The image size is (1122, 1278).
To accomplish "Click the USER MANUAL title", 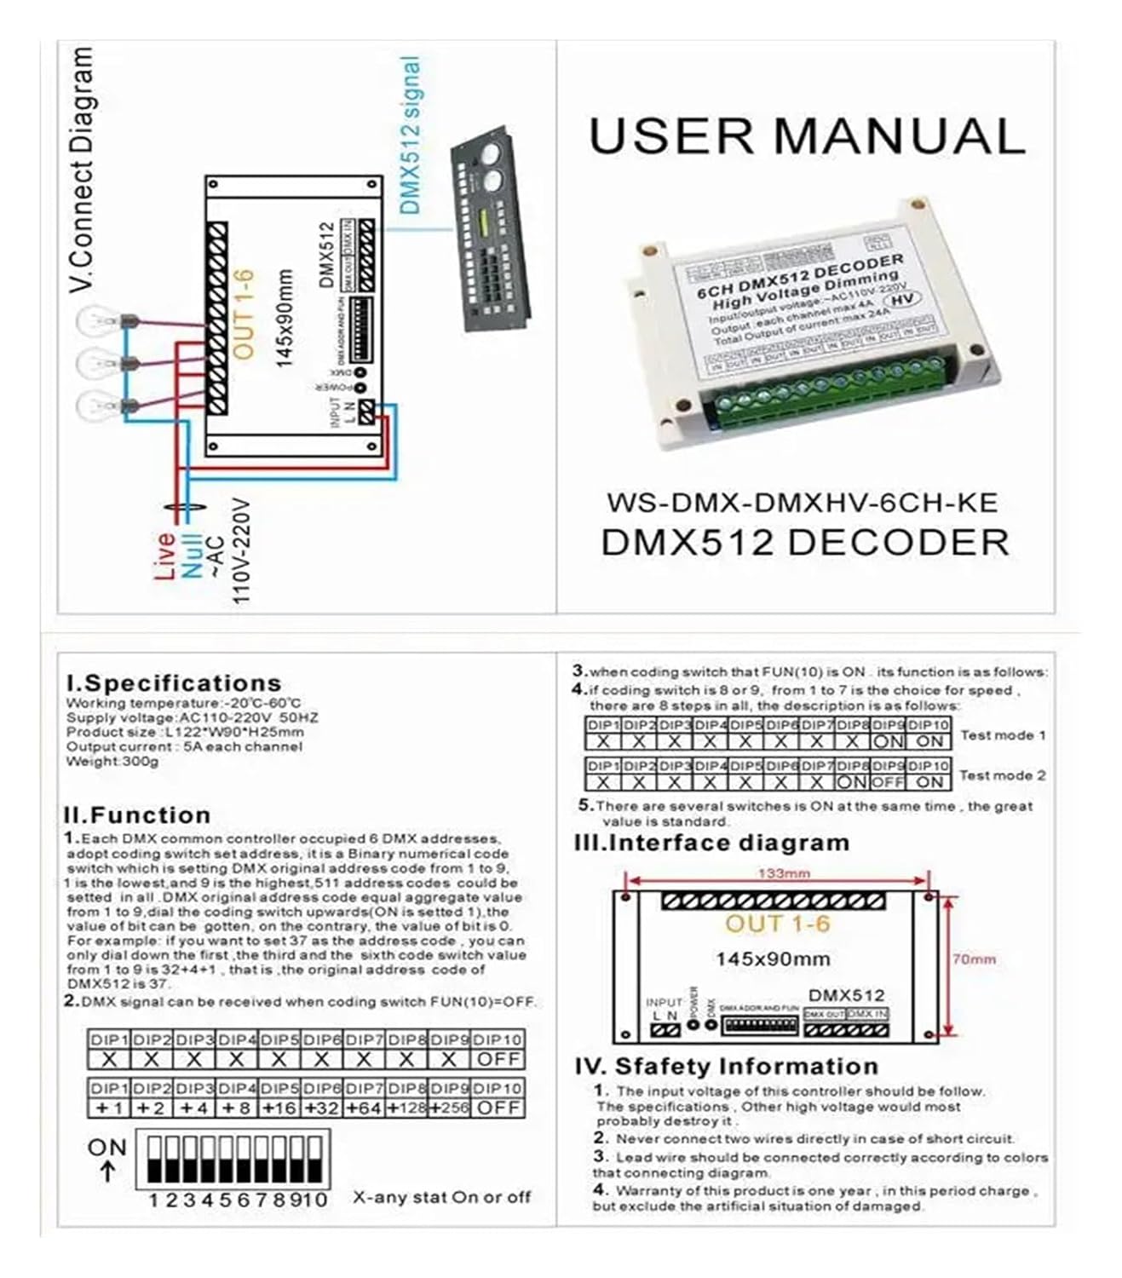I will (806, 136).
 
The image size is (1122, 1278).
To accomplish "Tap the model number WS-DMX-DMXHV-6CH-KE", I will (802, 503).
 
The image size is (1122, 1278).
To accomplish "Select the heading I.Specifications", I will (174, 683).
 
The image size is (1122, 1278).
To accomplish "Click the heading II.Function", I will (137, 815).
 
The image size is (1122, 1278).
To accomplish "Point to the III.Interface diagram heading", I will (712, 843).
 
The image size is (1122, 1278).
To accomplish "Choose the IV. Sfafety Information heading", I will (726, 1066).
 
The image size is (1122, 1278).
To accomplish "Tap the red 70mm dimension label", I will (974, 959).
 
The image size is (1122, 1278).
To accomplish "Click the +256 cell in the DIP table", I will (449, 1108).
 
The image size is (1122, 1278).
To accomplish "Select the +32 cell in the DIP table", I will (321, 1108).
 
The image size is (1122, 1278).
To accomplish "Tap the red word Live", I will (165, 556).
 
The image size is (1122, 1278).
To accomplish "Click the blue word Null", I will (190, 556).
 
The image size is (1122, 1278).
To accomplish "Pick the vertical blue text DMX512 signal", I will (410, 136).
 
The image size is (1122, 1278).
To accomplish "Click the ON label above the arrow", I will (107, 1148).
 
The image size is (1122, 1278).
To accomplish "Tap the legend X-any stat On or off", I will (441, 1197).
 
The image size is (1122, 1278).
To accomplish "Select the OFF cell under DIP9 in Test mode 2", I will (887, 782).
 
